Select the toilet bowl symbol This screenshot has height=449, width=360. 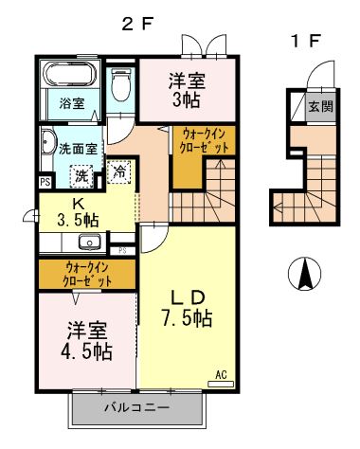[x=118, y=86]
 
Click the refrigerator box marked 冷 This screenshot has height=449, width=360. [x=120, y=173]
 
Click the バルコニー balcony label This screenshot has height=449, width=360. [x=135, y=409]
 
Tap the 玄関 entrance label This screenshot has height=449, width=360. [x=318, y=105]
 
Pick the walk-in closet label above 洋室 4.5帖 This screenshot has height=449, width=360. [x=87, y=274]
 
